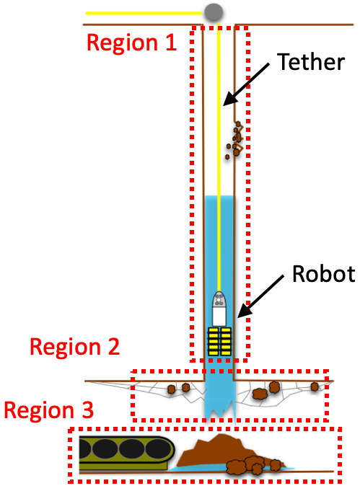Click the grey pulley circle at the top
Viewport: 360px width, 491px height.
click(x=214, y=12)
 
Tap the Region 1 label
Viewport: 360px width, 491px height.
click(x=131, y=43)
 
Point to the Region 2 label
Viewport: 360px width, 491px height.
click(x=74, y=348)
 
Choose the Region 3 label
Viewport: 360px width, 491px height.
click(x=49, y=411)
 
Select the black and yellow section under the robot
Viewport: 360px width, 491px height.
click(x=219, y=341)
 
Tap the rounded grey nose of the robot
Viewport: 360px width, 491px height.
click(x=219, y=298)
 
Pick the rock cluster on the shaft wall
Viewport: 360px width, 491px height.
click(x=234, y=140)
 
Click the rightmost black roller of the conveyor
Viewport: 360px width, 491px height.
click(x=157, y=450)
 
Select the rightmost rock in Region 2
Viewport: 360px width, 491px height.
click(x=315, y=387)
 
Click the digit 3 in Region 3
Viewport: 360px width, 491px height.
click(x=85, y=411)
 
